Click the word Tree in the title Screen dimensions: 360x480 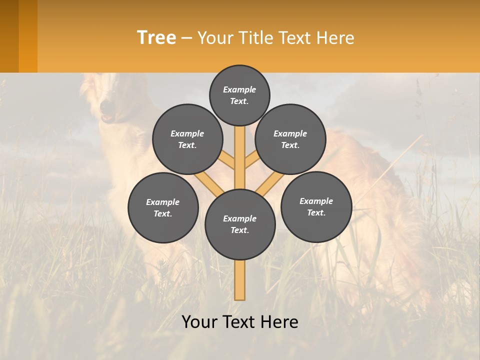click(156, 38)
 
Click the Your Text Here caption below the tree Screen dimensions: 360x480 click(240, 322)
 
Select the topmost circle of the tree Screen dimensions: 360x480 click(239, 95)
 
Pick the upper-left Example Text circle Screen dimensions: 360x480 click(187, 139)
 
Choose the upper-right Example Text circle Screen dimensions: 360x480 click(290, 139)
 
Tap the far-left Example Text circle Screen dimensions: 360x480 click(163, 207)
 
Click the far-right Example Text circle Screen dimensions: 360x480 click(316, 206)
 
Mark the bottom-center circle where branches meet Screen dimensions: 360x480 click(240, 224)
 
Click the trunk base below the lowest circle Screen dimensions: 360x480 click(240, 280)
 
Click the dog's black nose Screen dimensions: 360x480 click(106, 106)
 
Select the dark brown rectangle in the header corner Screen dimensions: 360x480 click(9, 36)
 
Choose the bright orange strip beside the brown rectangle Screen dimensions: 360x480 click(28, 36)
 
